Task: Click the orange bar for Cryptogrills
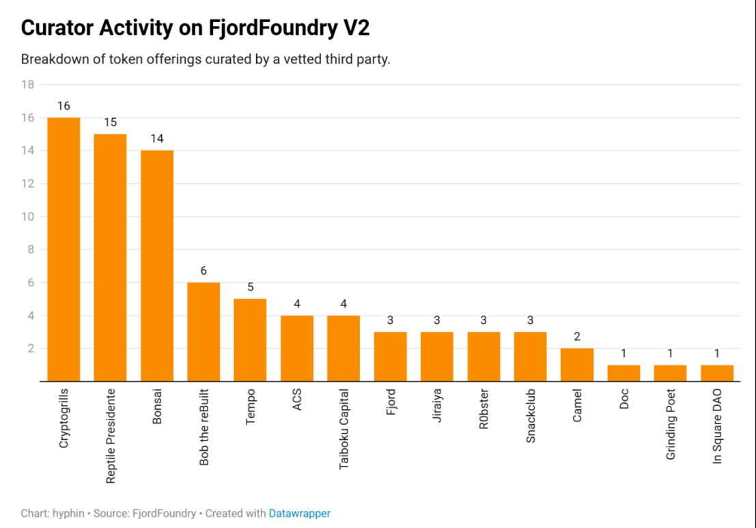64,249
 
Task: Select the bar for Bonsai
157,266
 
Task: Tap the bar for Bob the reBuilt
204,332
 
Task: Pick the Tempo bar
250,340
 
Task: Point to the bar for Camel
577,365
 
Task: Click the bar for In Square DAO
717,373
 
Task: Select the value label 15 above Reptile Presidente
110,123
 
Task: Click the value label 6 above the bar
204,270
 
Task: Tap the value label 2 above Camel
577,337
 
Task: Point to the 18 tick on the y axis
27,85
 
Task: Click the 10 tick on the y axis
27,217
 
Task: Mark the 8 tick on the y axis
30,249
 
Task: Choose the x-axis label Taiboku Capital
344,429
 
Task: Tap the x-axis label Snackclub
531,417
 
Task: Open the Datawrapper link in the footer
299,513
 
